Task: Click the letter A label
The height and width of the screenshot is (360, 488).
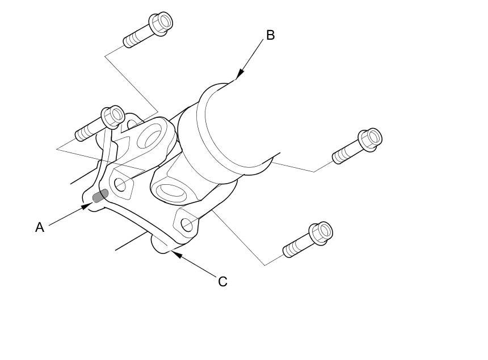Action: [x=39, y=227]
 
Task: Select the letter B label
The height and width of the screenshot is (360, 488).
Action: [x=270, y=35]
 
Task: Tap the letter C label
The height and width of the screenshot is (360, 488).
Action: [x=222, y=281]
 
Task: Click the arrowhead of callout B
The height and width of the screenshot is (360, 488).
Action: [x=239, y=75]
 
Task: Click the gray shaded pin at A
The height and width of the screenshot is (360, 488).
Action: [x=100, y=196]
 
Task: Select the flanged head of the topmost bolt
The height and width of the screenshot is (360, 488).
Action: [x=161, y=23]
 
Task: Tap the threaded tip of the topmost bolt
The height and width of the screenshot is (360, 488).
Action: [x=128, y=43]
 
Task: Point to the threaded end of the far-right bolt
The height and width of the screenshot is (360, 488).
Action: [x=338, y=157]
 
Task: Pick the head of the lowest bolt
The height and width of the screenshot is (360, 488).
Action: [x=321, y=231]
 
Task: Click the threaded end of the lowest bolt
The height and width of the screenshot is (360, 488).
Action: [x=288, y=251]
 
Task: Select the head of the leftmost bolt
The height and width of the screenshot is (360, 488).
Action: [x=113, y=116]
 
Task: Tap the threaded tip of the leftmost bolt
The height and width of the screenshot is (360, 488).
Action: [x=80, y=136]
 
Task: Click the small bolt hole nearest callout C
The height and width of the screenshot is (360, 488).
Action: [x=187, y=225]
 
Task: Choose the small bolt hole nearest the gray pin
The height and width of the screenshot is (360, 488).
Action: [x=120, y=184]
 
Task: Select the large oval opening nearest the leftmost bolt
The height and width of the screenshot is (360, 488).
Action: [x=150, y=137]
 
